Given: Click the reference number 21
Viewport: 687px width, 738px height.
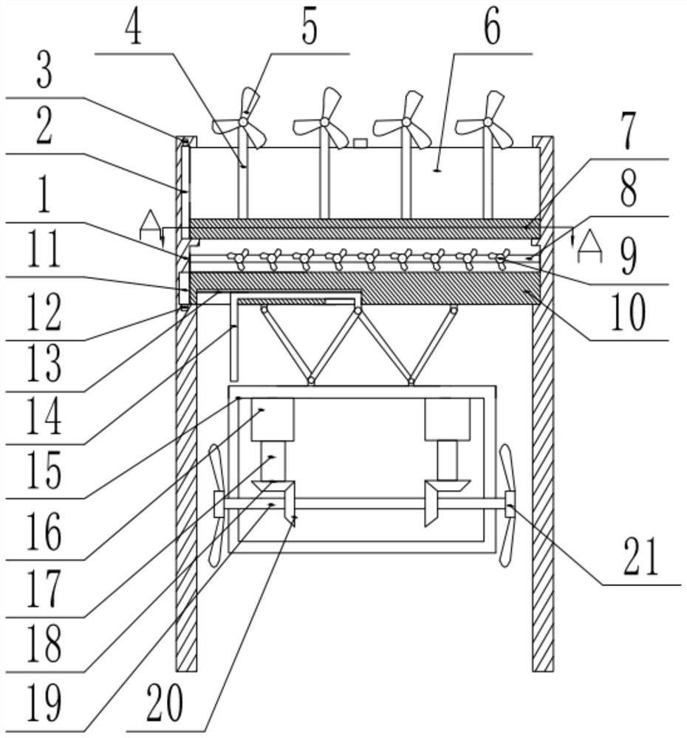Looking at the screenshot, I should coord(639,558).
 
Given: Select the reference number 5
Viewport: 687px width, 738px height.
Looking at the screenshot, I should coord(308,27).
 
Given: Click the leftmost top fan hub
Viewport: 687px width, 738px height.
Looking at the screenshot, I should coord(244,122).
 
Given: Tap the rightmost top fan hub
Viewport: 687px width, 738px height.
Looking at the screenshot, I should coord(488,122).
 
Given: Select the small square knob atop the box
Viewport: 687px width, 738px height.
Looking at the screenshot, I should coord(360,142).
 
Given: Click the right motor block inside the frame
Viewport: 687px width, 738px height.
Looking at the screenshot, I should coord(447,419).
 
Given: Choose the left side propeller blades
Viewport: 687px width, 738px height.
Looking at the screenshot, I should coord(216,505).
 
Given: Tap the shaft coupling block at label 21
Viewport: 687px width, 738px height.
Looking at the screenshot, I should coord(510,509).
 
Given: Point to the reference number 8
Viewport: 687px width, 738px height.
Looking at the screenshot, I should coord(626,191).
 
